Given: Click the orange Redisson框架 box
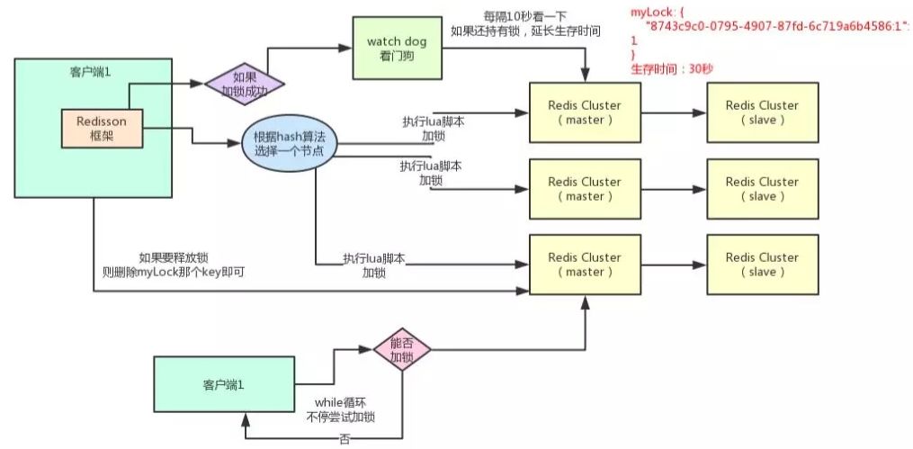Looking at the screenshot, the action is [102, 128].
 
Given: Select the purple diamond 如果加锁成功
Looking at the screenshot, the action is [245, 84].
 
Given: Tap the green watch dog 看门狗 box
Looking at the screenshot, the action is [397, 49].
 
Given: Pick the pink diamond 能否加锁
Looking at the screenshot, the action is [402, 349].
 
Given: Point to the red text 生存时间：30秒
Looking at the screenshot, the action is [672, 69].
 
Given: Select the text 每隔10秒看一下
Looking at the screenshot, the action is [521, 15].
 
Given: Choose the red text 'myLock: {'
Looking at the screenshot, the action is [655, 13].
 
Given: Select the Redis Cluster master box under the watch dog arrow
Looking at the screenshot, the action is [585, 112].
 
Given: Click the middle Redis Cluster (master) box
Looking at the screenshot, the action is [585, 189].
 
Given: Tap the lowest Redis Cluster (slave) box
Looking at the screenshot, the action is [763, 265].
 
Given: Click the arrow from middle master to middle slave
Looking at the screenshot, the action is [674, 189].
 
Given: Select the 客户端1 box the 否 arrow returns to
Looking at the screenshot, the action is [224, 385].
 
